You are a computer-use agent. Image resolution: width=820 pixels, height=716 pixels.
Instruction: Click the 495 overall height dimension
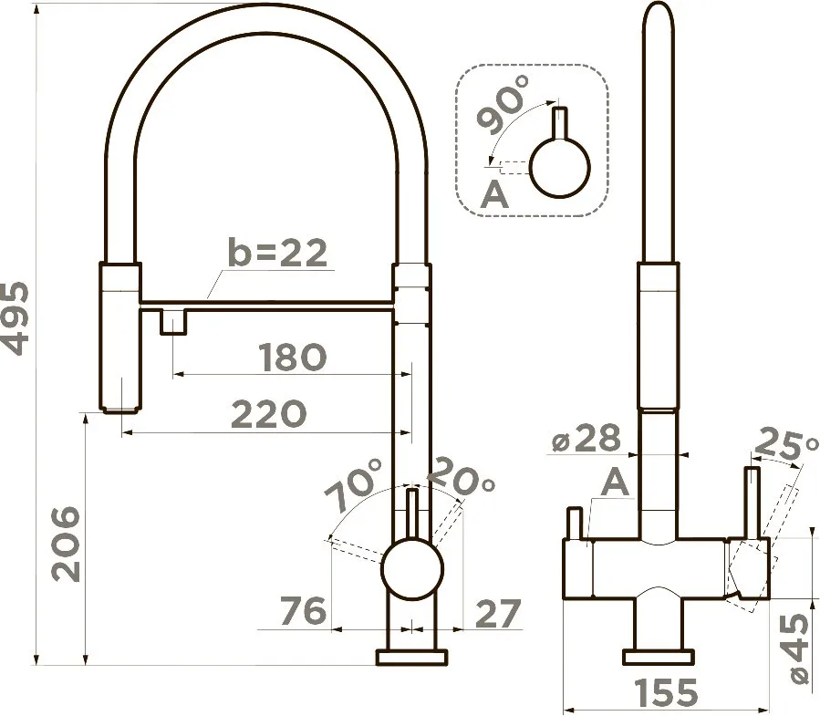[x=14, y=318]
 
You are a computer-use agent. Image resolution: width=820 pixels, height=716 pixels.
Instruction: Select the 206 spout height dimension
[x=66, y=544]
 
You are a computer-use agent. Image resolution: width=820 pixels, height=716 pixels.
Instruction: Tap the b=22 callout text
[x=278, y=253]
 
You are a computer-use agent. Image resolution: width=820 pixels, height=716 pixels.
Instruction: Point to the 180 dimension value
[x=292, y=358]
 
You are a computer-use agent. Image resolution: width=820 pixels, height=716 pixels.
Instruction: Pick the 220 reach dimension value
[x=268, y=414]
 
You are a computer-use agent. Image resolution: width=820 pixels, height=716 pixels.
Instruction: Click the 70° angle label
[x=355, y=485]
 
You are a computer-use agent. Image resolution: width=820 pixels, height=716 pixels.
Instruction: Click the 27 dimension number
[x=498, y=613]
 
